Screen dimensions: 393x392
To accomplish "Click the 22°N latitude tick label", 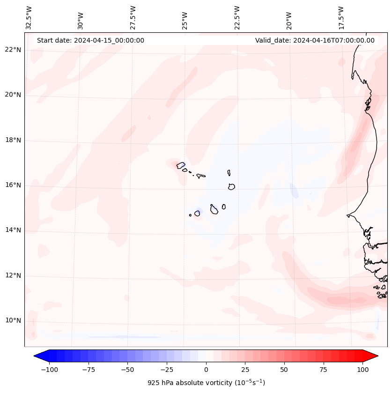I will pos(13,50).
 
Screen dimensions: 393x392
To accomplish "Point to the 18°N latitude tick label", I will pos(13,140).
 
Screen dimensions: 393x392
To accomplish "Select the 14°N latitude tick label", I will pos(13,230).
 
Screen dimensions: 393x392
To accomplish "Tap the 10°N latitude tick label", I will pos(13,321).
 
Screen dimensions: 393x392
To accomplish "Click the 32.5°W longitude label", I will pos(29,17).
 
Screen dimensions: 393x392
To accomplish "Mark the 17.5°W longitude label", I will pos(341,17).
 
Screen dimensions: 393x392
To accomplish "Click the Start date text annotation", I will pos(90,40).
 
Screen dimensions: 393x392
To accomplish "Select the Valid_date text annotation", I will pos(315,40).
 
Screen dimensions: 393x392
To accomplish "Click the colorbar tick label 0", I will pos(206,370).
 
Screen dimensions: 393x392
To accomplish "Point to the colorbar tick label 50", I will pos(284,370).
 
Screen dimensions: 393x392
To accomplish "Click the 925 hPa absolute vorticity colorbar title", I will pos(206,383).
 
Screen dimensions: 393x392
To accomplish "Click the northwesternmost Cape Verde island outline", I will pos(181,165).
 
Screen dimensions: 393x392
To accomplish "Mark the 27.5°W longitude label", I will pos(133,17).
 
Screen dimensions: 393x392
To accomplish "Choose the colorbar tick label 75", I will pos(323,370).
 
